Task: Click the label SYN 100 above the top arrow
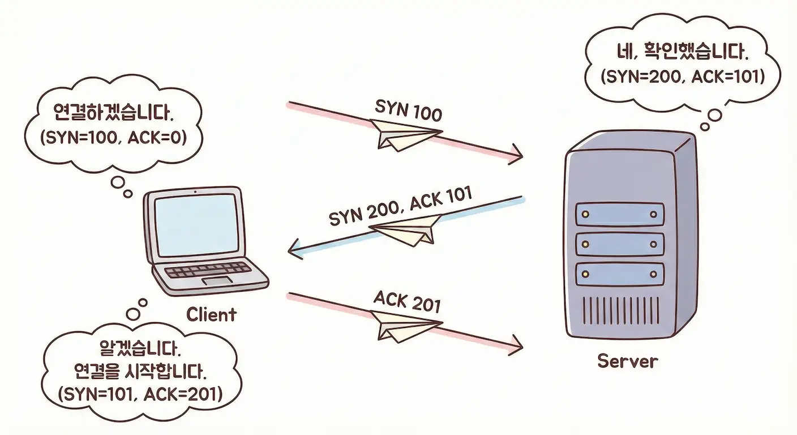click(408, 110)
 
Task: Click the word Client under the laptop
click(211, 314)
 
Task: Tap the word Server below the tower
click(628, 360)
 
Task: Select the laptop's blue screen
click(196, 226)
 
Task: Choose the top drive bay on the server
click(619, 215)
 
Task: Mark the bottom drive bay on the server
click(619, 274)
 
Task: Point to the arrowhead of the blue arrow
click(294, 250)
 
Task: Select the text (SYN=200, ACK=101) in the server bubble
click(683, 76)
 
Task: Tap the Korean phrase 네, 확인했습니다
click(682, 53)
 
